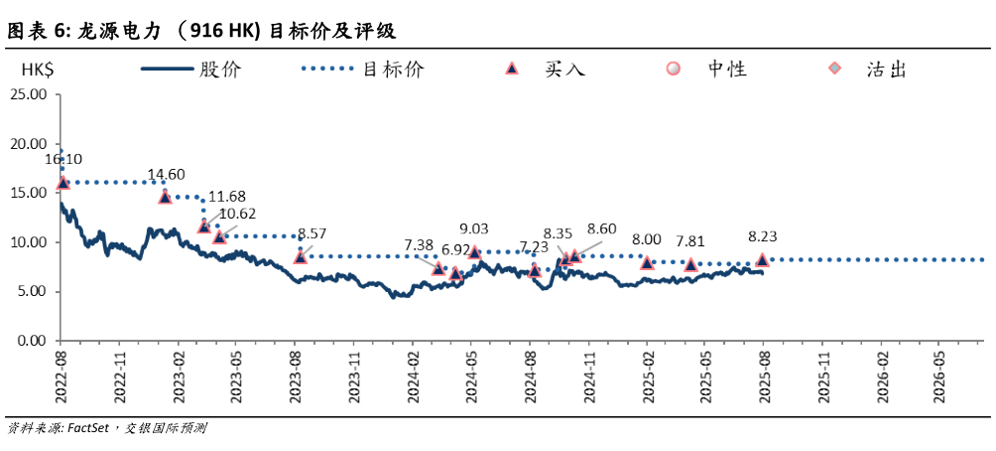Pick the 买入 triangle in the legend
[x=512, y=70]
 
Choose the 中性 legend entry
[x=674, y=70]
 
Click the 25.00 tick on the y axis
[x=29, y=94]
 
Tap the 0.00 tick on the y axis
[x=32, y=341]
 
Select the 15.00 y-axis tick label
[x=29, y=193]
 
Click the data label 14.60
[x=167, y=175]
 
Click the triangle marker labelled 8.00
[x=647, y=262]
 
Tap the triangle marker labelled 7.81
[x=691, y=264]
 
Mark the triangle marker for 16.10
[x=63, y=182]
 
